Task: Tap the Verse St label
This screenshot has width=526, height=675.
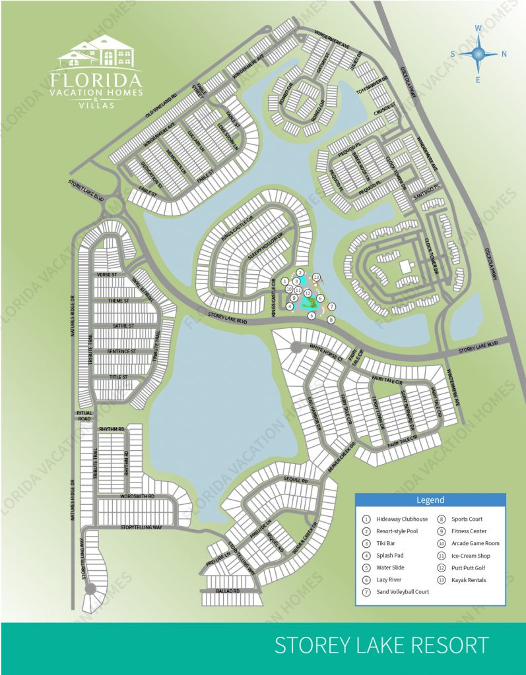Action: (106, 274)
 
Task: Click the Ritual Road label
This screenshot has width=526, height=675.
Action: (84, 415)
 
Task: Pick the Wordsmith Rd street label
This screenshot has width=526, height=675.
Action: (137, 496)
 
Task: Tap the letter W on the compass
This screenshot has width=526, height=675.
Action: (480, 28)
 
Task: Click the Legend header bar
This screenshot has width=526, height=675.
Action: (430, 500)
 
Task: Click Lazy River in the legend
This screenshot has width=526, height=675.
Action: (392, 579)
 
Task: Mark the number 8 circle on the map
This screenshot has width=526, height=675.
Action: (331, 319)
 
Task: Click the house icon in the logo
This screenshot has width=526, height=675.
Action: (98, 52)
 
